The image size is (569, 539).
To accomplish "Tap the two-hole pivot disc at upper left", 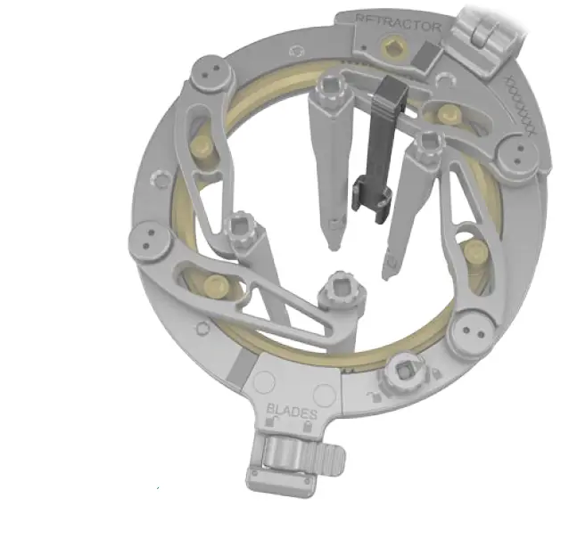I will pos(211,72).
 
